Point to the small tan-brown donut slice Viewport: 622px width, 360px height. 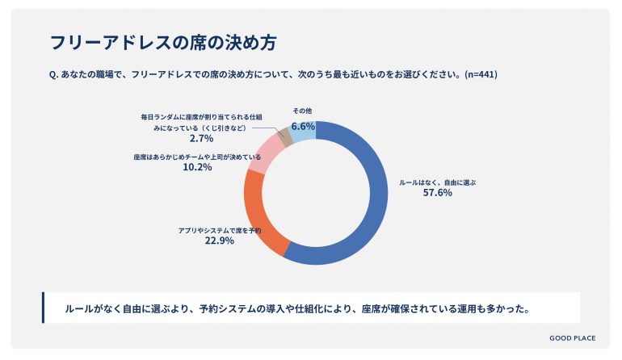click(284, 137)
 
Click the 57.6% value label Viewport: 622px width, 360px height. click(436, 194)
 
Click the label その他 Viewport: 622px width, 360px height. click(302, 111)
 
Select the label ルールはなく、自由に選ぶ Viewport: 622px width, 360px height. click(437, 182)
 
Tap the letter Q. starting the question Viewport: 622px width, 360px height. click(53, 74)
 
